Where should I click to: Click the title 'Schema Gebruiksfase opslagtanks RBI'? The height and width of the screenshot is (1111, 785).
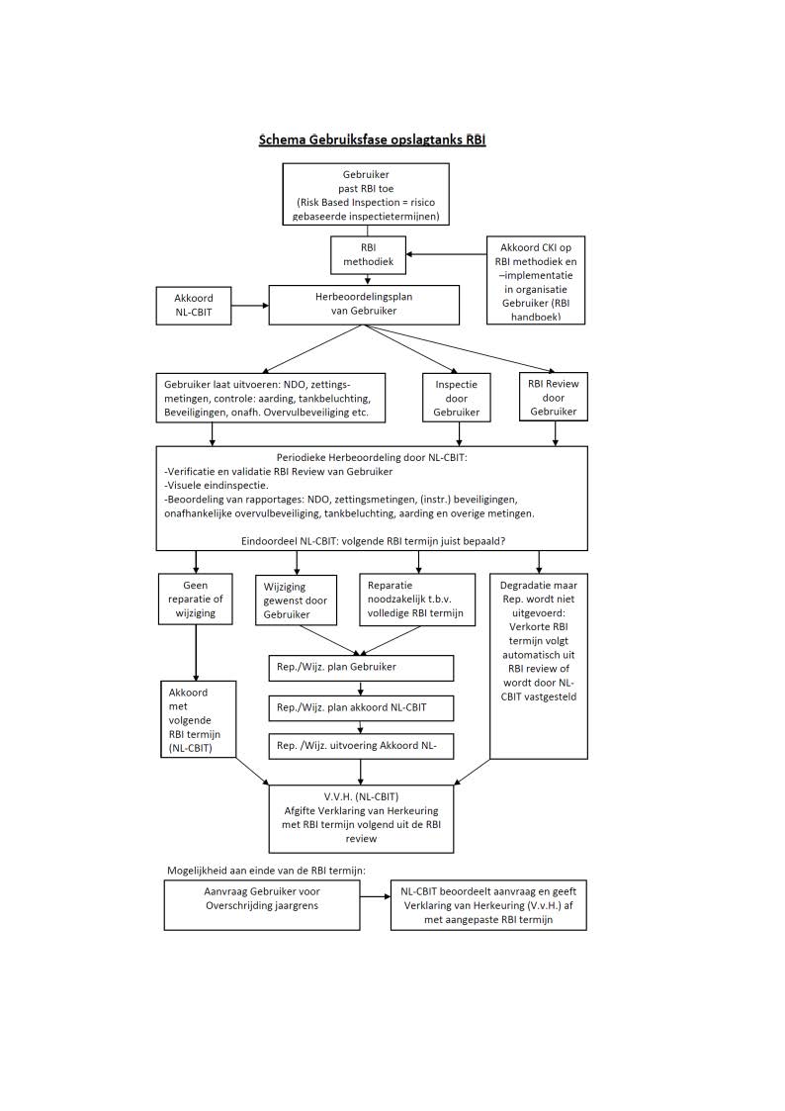pyautogui.click(x=372, y=139)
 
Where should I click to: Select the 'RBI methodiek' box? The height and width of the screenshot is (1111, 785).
pyautogui.click(x=368, y=255)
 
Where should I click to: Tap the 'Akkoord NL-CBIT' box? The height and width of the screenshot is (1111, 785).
pyautogui.click(x=194, y=306)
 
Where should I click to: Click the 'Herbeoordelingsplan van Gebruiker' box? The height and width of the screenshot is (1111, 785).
pyautogui.click(x=364, y=305)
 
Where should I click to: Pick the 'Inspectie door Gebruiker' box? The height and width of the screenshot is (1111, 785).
pyautogui.click(x=457, y=399)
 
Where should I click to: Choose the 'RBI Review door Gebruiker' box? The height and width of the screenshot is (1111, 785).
pyautogui.click(x=554, y=397)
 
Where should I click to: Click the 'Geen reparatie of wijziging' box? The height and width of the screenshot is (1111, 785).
pyautogui.click(x=196, y=600)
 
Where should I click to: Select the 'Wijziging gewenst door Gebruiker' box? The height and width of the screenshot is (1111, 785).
pyautogui.click(x=296, y=601)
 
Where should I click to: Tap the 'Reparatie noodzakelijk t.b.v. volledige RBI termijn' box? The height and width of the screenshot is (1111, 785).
pyautogui.click(x=417, y=600)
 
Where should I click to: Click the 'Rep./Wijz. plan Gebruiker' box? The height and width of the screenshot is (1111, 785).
pyautogui.click(x=361, y=668)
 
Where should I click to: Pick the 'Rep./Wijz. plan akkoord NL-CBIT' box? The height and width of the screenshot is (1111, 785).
pyautogui.click(x=361, y=707)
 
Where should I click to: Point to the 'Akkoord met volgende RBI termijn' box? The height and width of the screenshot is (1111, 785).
pyautogui.click(x=198, y=719)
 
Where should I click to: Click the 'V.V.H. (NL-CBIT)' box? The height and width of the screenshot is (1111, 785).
pyautogui.click(x=361, y=818)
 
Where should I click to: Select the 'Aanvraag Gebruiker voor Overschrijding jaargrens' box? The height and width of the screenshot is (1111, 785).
pyautogui.click(x=262, y=905)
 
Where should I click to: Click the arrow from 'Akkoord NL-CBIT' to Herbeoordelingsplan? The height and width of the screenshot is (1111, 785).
pyautogui.click(x=250, y=306)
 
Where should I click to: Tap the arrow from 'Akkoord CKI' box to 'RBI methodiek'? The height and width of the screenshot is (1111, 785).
pyautogui.click(x=446, y=254)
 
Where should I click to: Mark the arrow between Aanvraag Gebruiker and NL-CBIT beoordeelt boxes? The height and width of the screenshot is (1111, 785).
pyautogui.click(x=375, y=896)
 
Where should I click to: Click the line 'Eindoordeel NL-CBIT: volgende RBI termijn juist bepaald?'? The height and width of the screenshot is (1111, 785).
pyautogui.click(x=373, y=541)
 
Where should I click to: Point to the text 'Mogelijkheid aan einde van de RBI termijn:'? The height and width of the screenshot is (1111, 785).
pyautogui.click(x=266, y=871)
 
